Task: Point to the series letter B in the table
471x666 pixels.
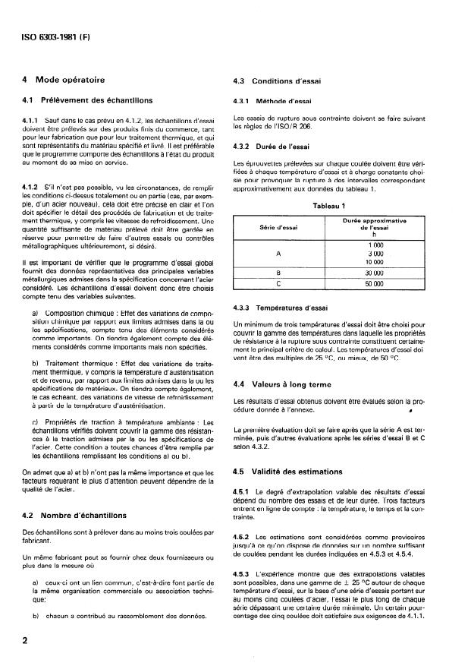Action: pyautogui.click(x=280, y=273)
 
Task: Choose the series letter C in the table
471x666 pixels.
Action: pyautogui.click(x=280, y=284)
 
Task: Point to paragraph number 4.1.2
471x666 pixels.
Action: pyautogui.click(x=35, y=186)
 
